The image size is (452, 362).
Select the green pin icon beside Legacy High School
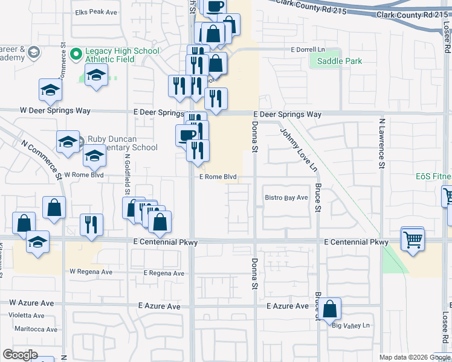(76, 54)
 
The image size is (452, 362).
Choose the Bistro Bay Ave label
(286, 197)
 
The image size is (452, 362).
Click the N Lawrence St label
(382, 142)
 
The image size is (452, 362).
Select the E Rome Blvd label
(218, 177)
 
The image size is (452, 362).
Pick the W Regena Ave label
(90, 272)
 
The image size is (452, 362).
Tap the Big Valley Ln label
(350, 326)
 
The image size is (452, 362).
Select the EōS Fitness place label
(433, 177)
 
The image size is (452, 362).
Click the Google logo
(21, 354)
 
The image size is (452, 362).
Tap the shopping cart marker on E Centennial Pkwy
(413, 238)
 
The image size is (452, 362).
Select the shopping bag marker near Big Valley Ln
(331, 308)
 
